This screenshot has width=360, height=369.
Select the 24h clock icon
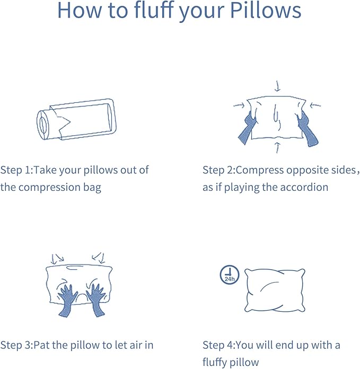coord(229,275)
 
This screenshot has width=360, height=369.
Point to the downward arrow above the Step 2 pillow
coord(277,85)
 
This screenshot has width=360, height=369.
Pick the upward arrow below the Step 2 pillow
coord(276,147)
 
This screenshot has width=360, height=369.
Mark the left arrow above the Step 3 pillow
coord(55,259)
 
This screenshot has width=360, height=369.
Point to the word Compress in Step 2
coord(257,170)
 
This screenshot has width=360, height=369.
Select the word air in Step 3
coord(133,345)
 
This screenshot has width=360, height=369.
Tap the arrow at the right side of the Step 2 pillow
coord(315,105)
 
